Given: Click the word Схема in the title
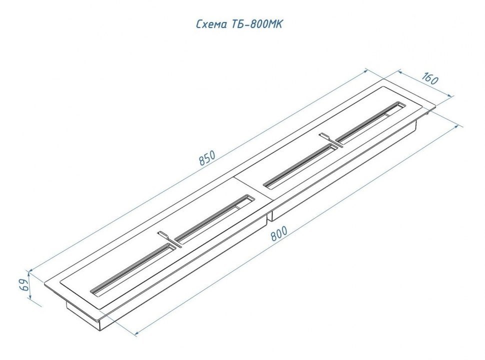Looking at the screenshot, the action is pyautogui.click(x=212, y=24).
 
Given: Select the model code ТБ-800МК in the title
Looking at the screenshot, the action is pyautogui.click(x=256, y=24).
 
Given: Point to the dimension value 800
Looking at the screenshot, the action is pyautogui.click(x=279, y=233).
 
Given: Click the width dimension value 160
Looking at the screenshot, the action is pyautogui.click(x=429, y=79).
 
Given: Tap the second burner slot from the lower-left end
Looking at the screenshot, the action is pyautogui.click(x=214, y=218).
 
